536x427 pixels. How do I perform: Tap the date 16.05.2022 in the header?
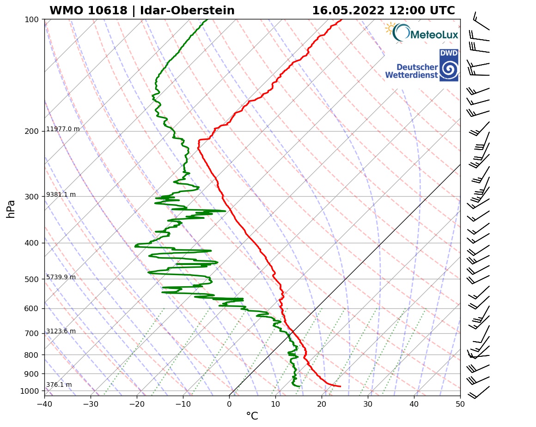pyautogui.click(x=348, y=11)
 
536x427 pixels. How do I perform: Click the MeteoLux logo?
pyautogui.click(x=421, y=33)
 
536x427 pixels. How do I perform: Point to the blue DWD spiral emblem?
pyautogui.click(x=449, y=70)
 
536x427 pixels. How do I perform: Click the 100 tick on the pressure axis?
pyautogui.click(x=32, y=19)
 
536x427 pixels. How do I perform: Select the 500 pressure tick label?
pyautogui.click(x=32, y=279)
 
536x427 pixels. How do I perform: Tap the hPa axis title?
pyautogui.click(x=11, y=209)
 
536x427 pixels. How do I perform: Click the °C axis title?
pyautogui.click(x=252, y=416)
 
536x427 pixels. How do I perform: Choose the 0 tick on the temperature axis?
pyautogui.click(x=229, y=404)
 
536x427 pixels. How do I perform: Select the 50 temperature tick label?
pyautogui.click(x=460, y=404)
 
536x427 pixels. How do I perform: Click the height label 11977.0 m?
pyautogui.click(x=63, y=129)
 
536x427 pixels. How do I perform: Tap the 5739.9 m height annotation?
pyautogui.click(x=61, y=277)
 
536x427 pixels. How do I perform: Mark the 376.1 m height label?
pyautogui.click(x=59, y=385)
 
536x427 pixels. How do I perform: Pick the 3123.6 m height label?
pyautogui.click(x=61, y=331)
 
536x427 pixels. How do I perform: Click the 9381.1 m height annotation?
pyautogui.click(x=61, y=195)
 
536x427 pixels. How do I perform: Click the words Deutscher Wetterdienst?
pyautogui.click(x=411, y=71)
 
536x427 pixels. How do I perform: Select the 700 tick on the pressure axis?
pyautogui.click(x=32, y=333)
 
